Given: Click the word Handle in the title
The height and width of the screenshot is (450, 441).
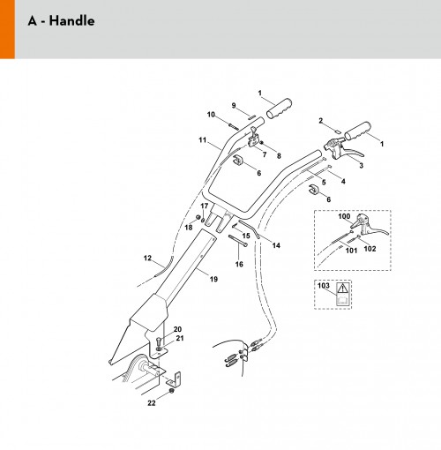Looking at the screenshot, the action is click(x=71, y=21).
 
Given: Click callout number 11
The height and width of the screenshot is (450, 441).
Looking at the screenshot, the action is click(x=202, y=139).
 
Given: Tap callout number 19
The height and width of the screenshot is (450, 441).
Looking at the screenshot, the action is click(x=213, y=279).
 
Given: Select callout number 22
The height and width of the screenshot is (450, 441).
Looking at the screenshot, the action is click(x=152, y=403).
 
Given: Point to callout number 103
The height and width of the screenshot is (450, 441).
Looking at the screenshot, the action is click(x=324, y=285).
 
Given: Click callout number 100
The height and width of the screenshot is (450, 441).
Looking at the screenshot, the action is click(x=344, y=216).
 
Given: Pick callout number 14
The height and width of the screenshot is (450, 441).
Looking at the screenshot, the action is click(x=276, y=245).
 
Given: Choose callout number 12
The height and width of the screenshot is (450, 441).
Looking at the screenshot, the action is click(x=147, y=258).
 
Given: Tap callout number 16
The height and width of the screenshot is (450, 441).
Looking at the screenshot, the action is click(x=239, y=264).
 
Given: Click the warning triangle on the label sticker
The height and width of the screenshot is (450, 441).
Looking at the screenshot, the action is click(x=342, y=289).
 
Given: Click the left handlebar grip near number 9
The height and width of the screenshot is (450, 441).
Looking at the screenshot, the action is click(x=280, y=109).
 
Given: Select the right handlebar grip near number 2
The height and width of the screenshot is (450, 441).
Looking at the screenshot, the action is click(x=358, y=131).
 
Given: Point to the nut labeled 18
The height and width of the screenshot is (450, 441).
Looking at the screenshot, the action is click(x=198, y=218).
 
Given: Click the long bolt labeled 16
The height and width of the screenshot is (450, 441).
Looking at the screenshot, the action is click(x=238, y=240).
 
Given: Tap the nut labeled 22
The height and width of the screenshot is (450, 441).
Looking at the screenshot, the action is click(x=172, y=391).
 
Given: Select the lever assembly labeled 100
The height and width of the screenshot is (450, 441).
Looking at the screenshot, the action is click(x=369, y=226).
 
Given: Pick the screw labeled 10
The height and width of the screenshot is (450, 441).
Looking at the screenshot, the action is click(x=234, y=126).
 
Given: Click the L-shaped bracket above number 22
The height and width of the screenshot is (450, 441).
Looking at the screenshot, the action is click(x=175, y=379).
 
